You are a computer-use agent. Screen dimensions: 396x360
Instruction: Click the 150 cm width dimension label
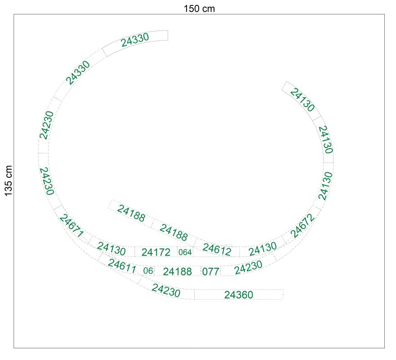(199, 9)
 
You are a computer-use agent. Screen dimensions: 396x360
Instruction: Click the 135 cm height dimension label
(9, 180)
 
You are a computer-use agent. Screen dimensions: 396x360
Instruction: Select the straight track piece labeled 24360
(239, 294)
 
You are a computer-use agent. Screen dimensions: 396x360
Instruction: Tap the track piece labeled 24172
(156, 252)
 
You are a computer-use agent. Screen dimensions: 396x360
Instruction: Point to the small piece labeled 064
(185, 252)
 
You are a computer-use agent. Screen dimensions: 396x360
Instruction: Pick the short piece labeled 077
(211, 271)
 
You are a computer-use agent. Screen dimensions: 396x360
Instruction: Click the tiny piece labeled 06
(148, 271)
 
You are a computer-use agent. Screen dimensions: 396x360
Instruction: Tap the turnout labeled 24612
(217, 249)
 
